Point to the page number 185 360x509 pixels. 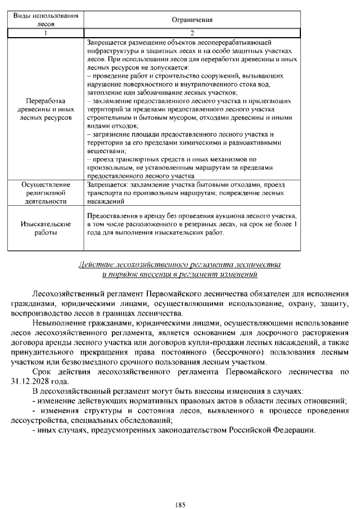tap(180, 489)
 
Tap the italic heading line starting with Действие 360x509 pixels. tap(179, 264)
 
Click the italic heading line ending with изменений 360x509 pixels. tap(179, 274)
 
